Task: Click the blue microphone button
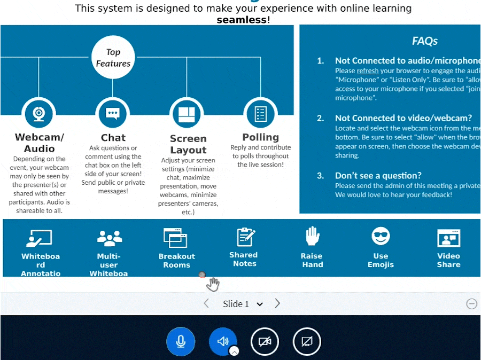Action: [x=181, y=341]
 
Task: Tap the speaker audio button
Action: [x=223, y=341]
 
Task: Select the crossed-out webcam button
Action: [x=265, y=341]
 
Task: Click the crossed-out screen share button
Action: [x=307, y=341]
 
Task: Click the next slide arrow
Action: [x=277, y=303]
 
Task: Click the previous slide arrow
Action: [x=206, y=303]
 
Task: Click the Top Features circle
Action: [x=113, y=58]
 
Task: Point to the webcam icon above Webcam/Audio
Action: [x=38, y=113]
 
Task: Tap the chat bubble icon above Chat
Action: [x=112, y=113]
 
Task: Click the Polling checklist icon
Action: [x=260, y=113]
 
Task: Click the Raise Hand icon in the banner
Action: [x=312, y=236]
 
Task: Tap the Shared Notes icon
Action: [x=245, y=237]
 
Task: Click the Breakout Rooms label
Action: [x=177, y=261]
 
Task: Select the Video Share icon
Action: [x=448, y=237]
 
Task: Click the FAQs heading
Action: [x=425, y=41]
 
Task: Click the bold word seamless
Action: [x=242, y=20]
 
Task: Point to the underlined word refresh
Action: [x=367, y=71]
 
